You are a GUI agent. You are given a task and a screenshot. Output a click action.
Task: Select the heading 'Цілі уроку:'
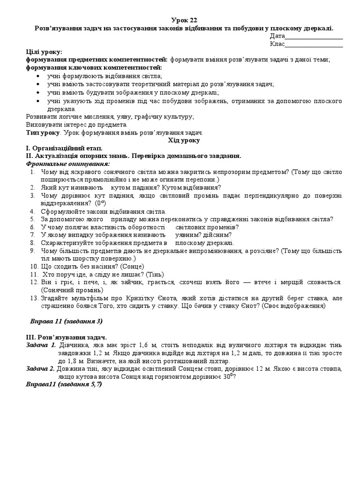tap(44, 52)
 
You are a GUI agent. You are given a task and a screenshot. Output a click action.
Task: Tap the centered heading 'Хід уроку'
tap(184, 140)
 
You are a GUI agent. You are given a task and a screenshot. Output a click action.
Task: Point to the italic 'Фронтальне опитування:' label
tap(68, 164)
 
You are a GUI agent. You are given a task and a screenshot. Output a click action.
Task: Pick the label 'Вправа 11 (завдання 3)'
tap(66, 321)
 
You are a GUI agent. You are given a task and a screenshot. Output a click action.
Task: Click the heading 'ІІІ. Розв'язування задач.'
tap(66, 337)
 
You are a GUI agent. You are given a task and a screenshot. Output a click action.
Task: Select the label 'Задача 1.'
tap(41, 345)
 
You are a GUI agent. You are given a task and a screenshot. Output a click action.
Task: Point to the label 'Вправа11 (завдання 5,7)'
tap(63, 384)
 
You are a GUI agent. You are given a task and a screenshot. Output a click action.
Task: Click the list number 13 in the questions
tap(33, 298)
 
